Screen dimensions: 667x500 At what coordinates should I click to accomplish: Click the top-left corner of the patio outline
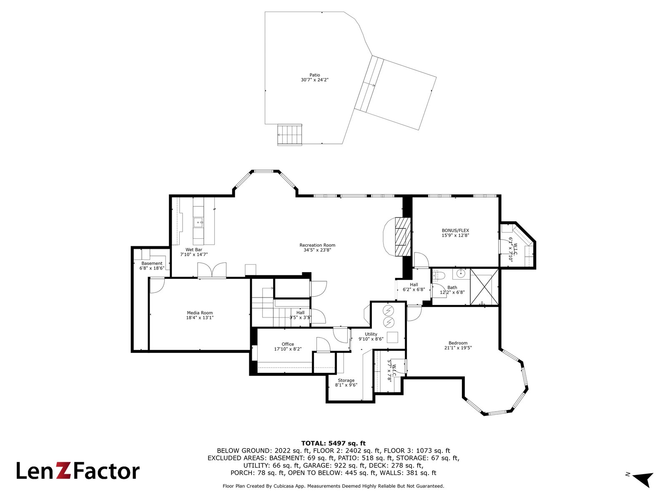tap(265, 12)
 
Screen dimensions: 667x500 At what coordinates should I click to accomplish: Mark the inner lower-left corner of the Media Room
tap(150, 350)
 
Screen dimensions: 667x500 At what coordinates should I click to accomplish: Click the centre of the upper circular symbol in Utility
tap(389, 310)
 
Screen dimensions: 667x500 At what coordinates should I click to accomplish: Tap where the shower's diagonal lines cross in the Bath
tap(484, 287)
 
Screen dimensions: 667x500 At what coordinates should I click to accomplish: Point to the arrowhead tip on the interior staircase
tap(273, 288)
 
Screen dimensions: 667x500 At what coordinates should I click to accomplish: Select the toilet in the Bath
tap(438, 275)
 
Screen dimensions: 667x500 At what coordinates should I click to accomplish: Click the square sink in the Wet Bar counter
tap(198, 222)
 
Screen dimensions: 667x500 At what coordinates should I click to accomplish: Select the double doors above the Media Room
tap(212, 270)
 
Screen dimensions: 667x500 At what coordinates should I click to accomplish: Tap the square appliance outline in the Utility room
tap(392, 337)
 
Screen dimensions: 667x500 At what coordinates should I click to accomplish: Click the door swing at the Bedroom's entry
tap(414, 313)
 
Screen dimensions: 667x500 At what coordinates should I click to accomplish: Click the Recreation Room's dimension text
tap(317, 250)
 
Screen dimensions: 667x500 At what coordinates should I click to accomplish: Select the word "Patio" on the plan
tap(315, 75)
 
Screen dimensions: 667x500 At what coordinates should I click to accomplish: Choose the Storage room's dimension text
tap(346, 385)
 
